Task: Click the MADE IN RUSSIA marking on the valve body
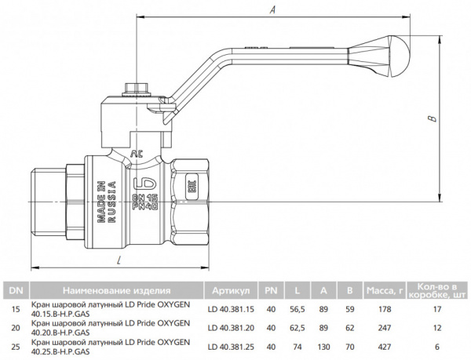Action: click(107, 203)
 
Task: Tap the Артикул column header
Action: click(230, 289)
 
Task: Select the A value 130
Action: click(323, 347)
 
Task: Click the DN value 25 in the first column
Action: click(15, 347)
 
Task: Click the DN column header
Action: click(15, 289)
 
